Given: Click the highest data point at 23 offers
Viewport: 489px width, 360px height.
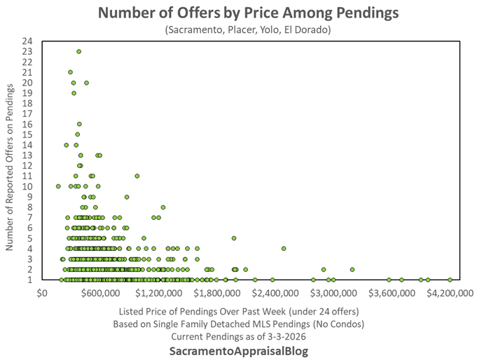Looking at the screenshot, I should pos(79,51).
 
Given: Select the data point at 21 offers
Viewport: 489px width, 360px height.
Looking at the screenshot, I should pos(70,72).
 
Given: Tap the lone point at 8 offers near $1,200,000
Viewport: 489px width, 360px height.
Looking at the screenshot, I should pos(163,207).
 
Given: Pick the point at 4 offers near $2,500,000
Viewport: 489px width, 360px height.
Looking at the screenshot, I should pos(284,249).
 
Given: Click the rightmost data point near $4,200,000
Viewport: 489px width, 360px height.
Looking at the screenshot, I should pos(450,279).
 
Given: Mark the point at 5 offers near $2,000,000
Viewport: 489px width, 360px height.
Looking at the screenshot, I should pos(234,238).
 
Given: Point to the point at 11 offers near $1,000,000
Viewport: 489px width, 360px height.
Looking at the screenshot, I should pos(137,176).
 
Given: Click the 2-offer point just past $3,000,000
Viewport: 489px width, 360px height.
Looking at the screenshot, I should pos(352,270).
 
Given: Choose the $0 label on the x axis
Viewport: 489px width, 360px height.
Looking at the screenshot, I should pos(42,293).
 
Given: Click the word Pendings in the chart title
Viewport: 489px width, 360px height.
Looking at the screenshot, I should pos(357,13).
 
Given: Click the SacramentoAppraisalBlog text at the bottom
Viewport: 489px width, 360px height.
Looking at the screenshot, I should pos(245,350).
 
